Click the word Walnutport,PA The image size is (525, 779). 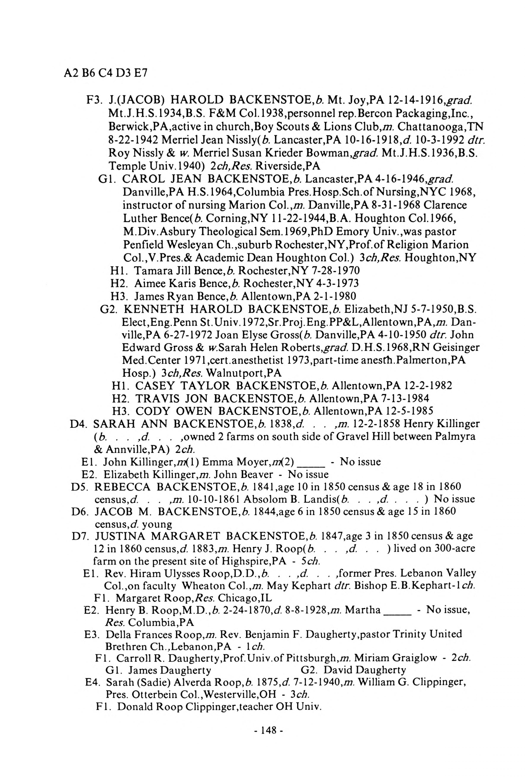click(244, 373)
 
